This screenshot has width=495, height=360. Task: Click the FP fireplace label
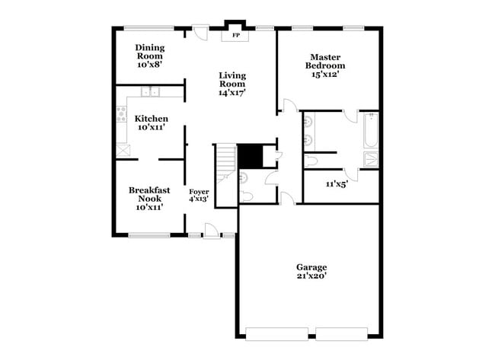click(x=235, y=36)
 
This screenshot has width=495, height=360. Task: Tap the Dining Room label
click(x=150, y=56)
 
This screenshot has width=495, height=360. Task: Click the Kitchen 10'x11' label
click(x=152, y=123)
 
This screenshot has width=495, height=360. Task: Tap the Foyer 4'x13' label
click(x=199, y=196)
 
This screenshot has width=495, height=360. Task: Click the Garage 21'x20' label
click(x=311, y=272)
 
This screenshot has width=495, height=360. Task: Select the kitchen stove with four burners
click(x=120, y=116)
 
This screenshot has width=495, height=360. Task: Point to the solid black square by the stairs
click(x=250, y=156)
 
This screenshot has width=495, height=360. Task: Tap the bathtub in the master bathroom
click(x=370, y=131)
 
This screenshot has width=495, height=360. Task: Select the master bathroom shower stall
click(x=370, y=160)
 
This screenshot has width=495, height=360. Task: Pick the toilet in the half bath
click(x=246, y=197)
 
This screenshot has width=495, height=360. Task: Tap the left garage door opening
click(x=279, y=333)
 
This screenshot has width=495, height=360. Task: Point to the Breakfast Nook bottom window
click(x=149, y=235)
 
